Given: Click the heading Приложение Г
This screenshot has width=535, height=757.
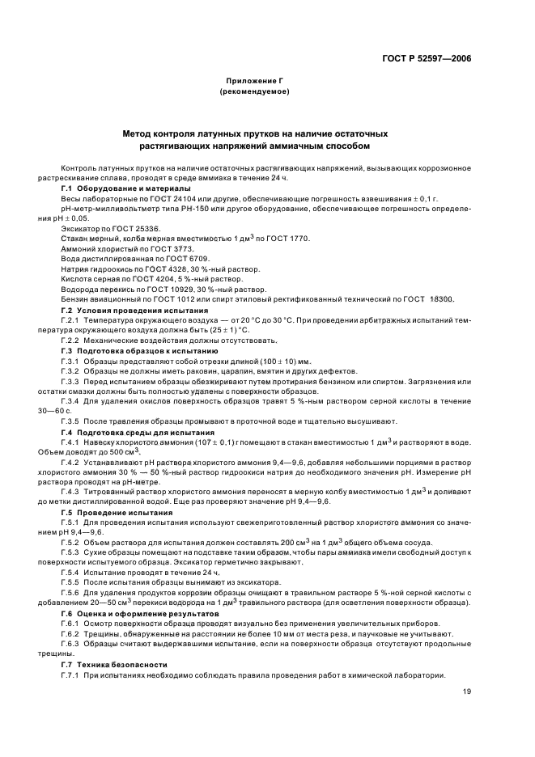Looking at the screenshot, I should [254, 82].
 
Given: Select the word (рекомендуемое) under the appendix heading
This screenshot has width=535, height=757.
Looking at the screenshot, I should [254, 92].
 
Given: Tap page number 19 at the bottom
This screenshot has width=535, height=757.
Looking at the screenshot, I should [467, 691].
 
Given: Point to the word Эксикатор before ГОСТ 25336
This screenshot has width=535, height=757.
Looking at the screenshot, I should [79, 228].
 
